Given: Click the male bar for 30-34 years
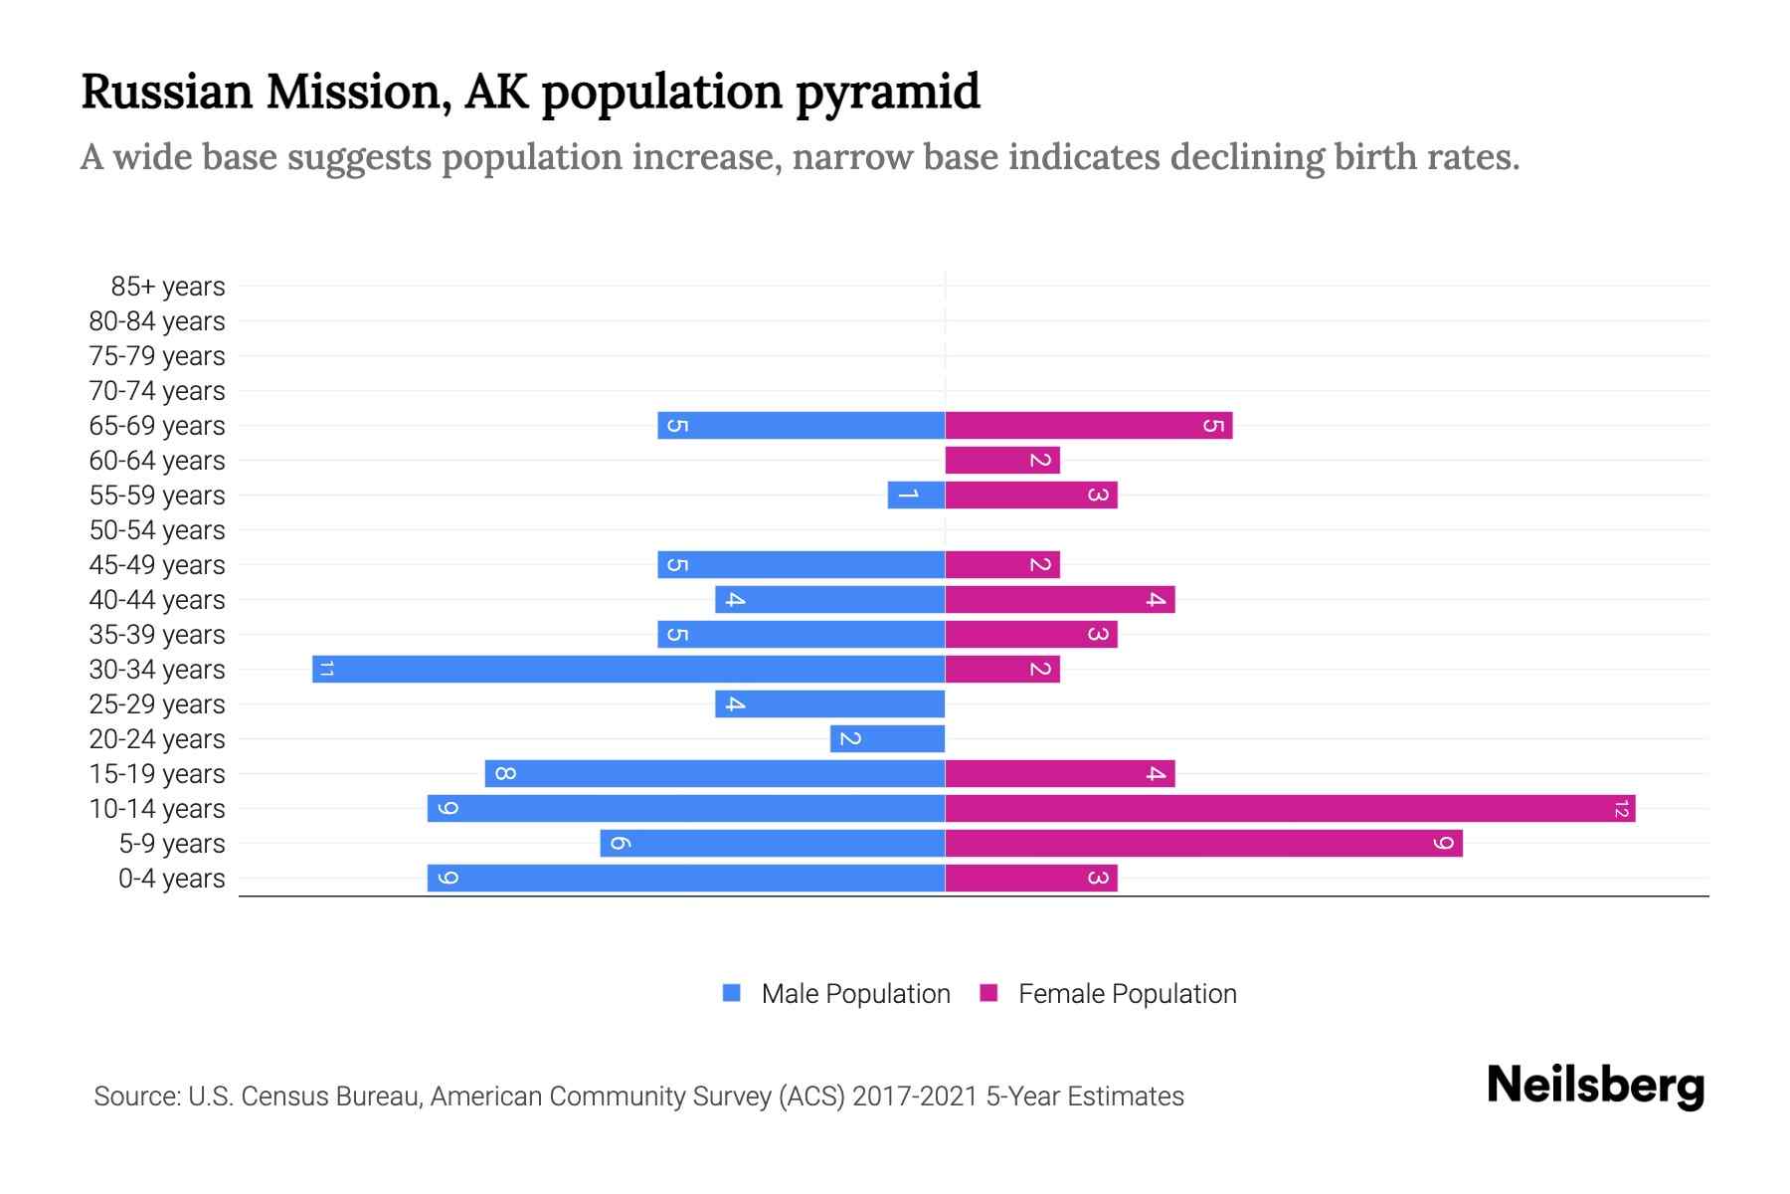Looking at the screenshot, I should click(628, 669).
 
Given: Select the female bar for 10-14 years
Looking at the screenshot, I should click(1290, 808).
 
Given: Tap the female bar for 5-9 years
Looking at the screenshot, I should click(1203, 843).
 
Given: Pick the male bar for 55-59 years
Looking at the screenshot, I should click(916, 495).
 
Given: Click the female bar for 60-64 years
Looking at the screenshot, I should click(1002, 460).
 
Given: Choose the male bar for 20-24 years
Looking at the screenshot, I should click(887, 738).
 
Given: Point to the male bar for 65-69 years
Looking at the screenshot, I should click(801, 425).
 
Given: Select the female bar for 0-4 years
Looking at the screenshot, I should click(1031, 878).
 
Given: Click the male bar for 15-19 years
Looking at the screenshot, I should click(714, 773).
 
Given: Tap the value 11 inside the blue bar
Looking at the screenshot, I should click(326, 669).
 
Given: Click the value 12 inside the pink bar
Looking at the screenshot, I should click(1621, 808).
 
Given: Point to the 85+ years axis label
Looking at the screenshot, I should click(167, 287).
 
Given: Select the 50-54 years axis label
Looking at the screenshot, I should click(157, 530).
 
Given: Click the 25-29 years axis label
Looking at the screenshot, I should click(157, 704).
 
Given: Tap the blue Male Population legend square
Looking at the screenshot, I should click(732, 993).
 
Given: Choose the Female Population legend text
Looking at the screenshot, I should click(1127, 993).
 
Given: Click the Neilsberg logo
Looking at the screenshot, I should click(1595, 1085).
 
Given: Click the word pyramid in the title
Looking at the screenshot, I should click(887, 93).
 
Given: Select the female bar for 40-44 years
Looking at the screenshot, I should click(1060, 599).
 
